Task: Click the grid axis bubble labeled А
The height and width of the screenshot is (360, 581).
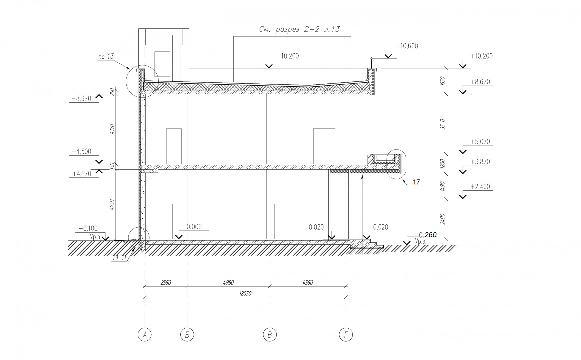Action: click(145, 334)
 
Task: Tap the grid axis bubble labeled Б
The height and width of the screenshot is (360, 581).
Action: click(187, 334)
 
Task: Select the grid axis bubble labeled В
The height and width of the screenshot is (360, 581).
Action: click(270, 334)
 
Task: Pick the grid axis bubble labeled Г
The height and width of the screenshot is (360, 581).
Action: click(346, 334)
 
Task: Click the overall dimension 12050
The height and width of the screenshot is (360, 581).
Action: click(245, 294)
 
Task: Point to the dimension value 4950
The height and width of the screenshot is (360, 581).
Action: click(228, 283)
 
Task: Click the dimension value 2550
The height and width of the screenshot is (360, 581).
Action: click(166, 283)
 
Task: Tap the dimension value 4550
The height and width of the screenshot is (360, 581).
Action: click(307, 283)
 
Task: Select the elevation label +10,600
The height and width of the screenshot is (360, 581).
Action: click(407, 46)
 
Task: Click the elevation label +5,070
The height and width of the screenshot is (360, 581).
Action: click(480, 142)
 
